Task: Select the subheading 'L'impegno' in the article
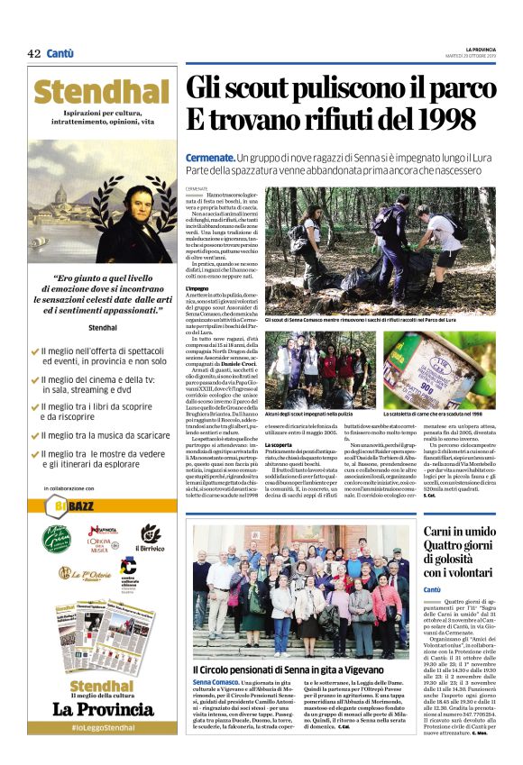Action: click(198, 287)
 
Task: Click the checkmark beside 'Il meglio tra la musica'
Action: click(34, 435)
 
